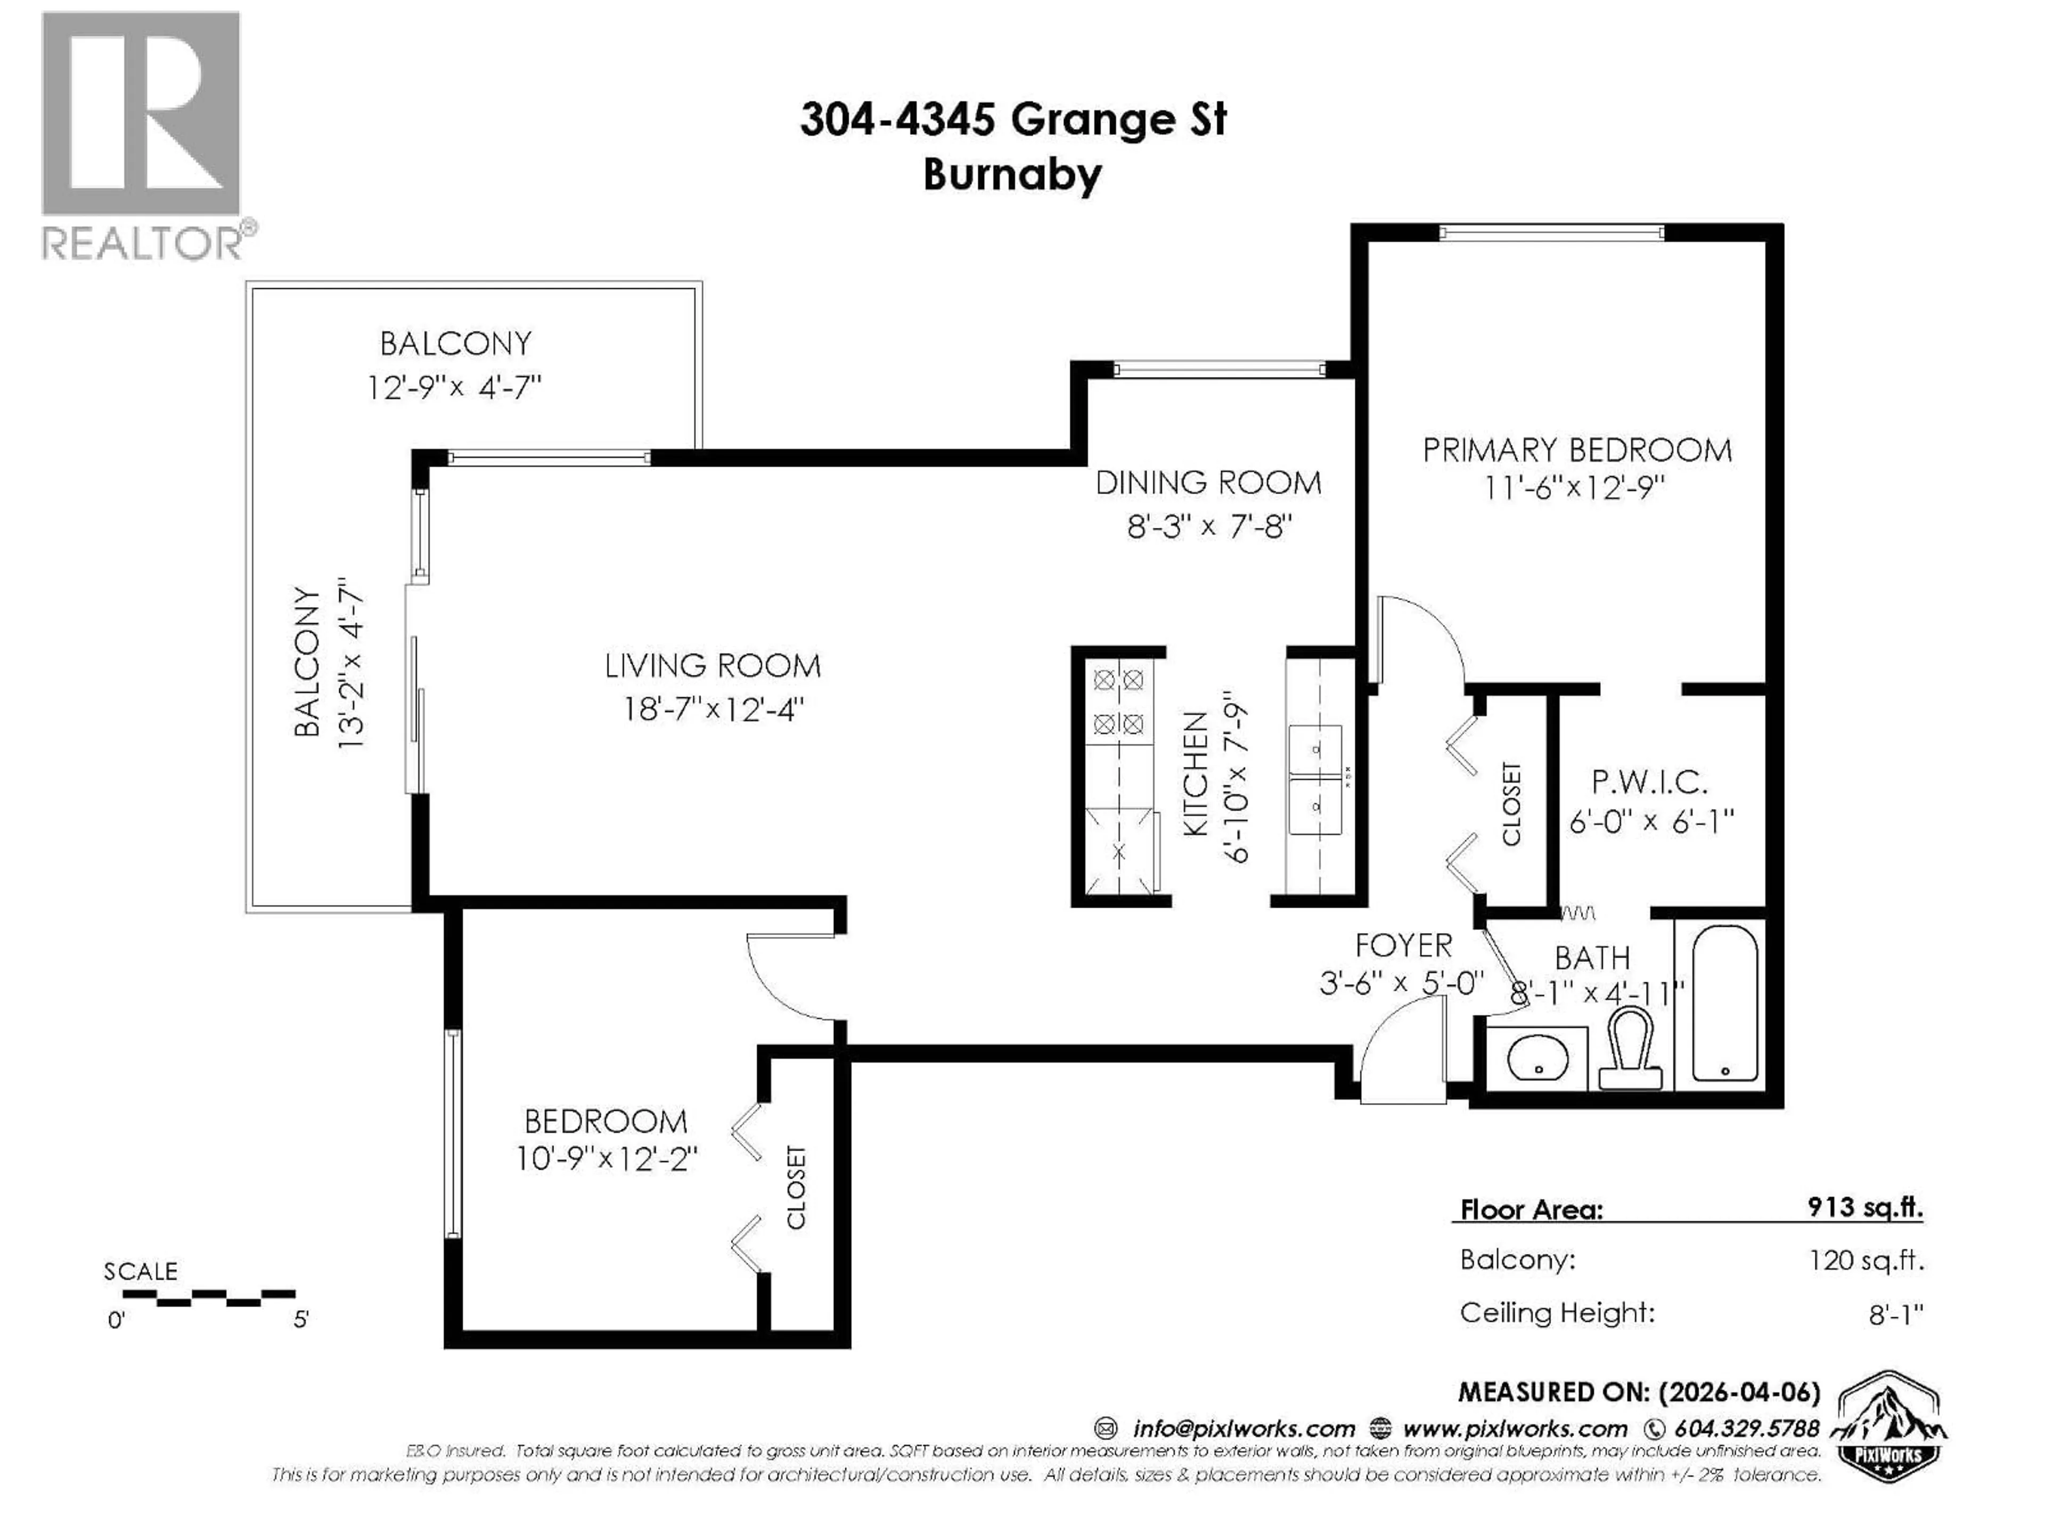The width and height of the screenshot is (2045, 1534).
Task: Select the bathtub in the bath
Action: click(x=1724, y=1003)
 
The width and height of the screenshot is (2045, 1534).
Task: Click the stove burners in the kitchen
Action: click(x=1119, y=702)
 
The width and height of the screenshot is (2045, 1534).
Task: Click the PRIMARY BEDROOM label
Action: click(x=1576, y=450)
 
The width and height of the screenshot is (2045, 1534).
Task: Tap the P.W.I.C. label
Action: click(x=1649, y=783)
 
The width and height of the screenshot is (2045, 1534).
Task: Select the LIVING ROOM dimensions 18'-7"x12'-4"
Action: click(x=713, y=709)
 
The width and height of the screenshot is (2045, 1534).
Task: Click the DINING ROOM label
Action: click(x=1207, y=483)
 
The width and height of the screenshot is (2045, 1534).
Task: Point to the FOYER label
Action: click(x=1402, y=945)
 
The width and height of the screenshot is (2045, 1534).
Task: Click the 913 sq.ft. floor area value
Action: click(x=1864, y=1206)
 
